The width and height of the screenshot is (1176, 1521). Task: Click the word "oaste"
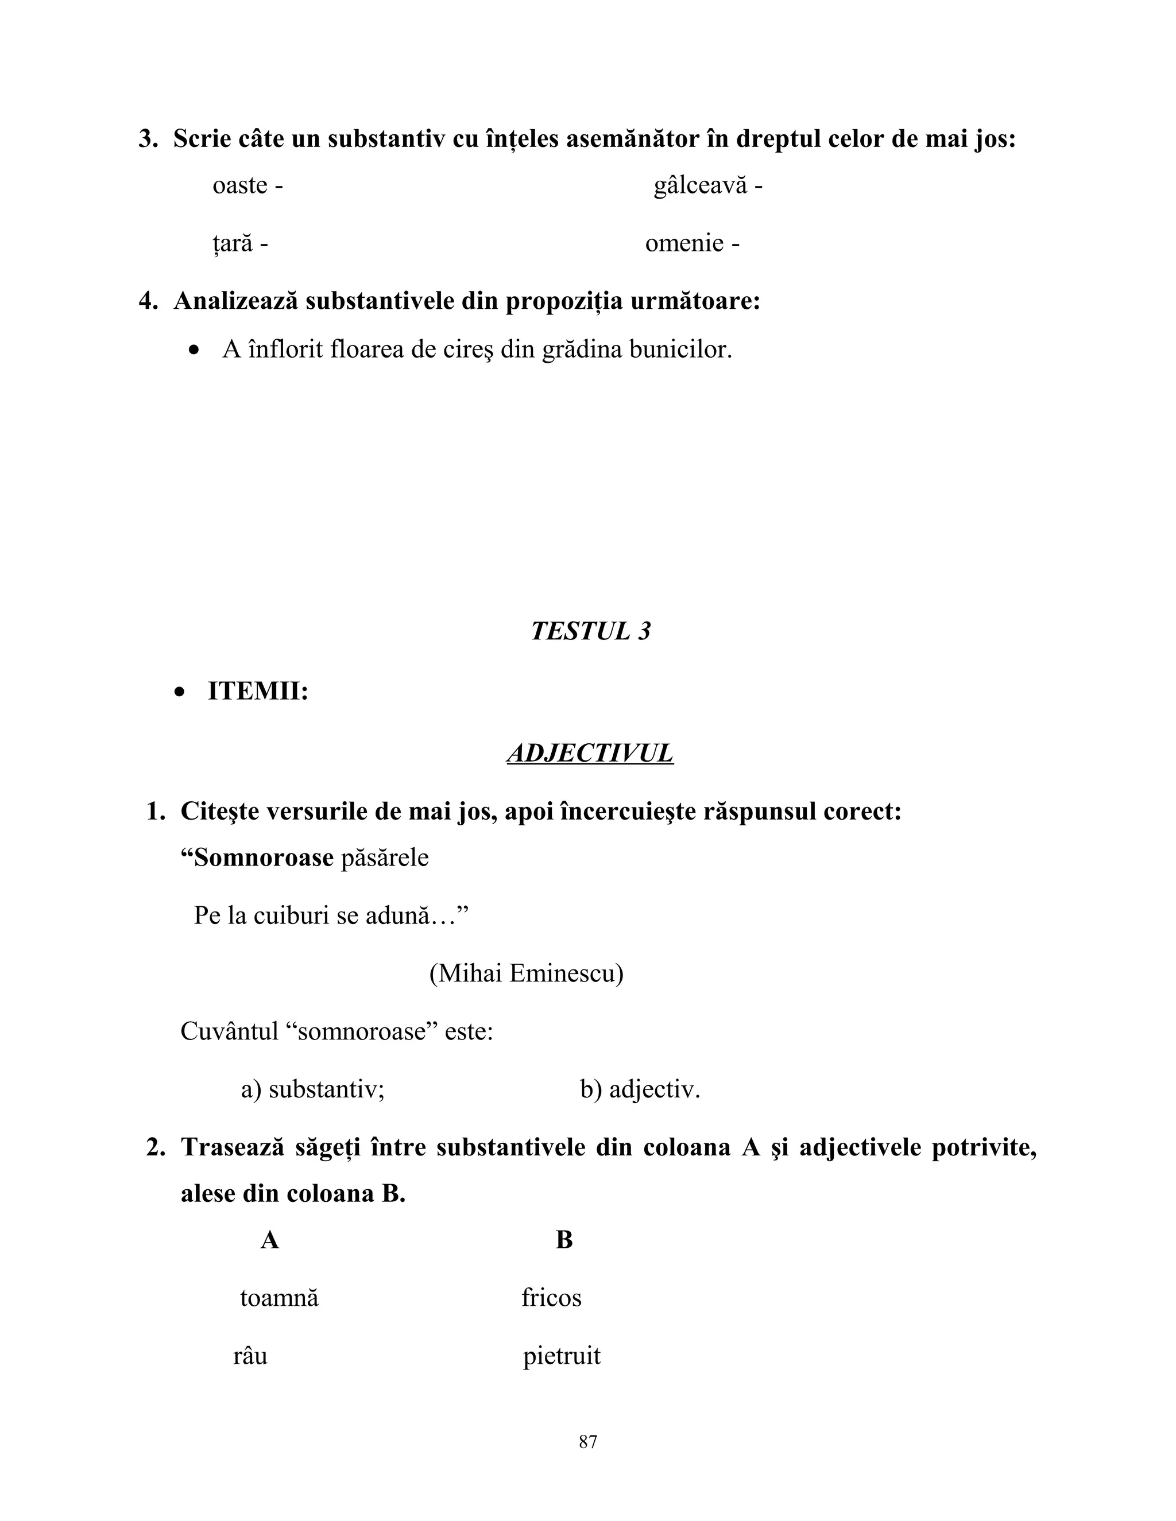pos(239,186)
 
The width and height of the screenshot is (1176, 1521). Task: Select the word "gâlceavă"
pos(699,186)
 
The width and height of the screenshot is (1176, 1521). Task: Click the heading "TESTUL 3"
pos(590,631)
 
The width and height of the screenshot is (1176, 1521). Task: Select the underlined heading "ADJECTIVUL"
pos(590,754)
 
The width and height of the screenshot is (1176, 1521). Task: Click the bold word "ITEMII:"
pos(258,692)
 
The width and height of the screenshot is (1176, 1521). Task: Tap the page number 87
pos(588,1442)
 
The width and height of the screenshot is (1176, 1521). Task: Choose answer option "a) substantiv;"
pos(313,1089)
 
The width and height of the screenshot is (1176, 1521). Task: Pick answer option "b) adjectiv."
pos(640,1089)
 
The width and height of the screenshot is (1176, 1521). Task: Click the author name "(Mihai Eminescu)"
pos(526,973)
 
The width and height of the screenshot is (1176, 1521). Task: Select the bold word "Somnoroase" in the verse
pos(264,857)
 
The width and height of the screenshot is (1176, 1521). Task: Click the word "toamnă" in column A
pos(278,1298)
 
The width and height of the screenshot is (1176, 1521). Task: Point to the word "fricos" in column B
pos(551,1298)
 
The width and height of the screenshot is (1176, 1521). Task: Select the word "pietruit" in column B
pos(562,1356)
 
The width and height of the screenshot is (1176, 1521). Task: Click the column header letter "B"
pos(564,1240)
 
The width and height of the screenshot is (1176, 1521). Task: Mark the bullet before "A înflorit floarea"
pos(195,350)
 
